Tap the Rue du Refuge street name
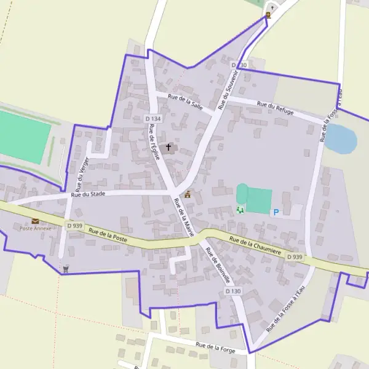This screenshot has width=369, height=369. coord(275,108)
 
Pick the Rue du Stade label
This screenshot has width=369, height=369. coord(89,194)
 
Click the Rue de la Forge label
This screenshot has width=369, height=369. coord(216,347)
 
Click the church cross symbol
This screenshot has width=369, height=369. coord(169,148)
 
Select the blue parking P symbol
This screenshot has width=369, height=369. coord(276,212)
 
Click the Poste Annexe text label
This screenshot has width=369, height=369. coord(34,229)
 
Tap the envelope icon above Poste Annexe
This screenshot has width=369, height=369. coord(34,221)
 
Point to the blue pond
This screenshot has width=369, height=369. coord(341,139)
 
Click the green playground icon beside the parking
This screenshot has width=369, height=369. coord(240,210)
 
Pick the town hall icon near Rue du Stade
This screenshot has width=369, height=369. coord(188,194)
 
